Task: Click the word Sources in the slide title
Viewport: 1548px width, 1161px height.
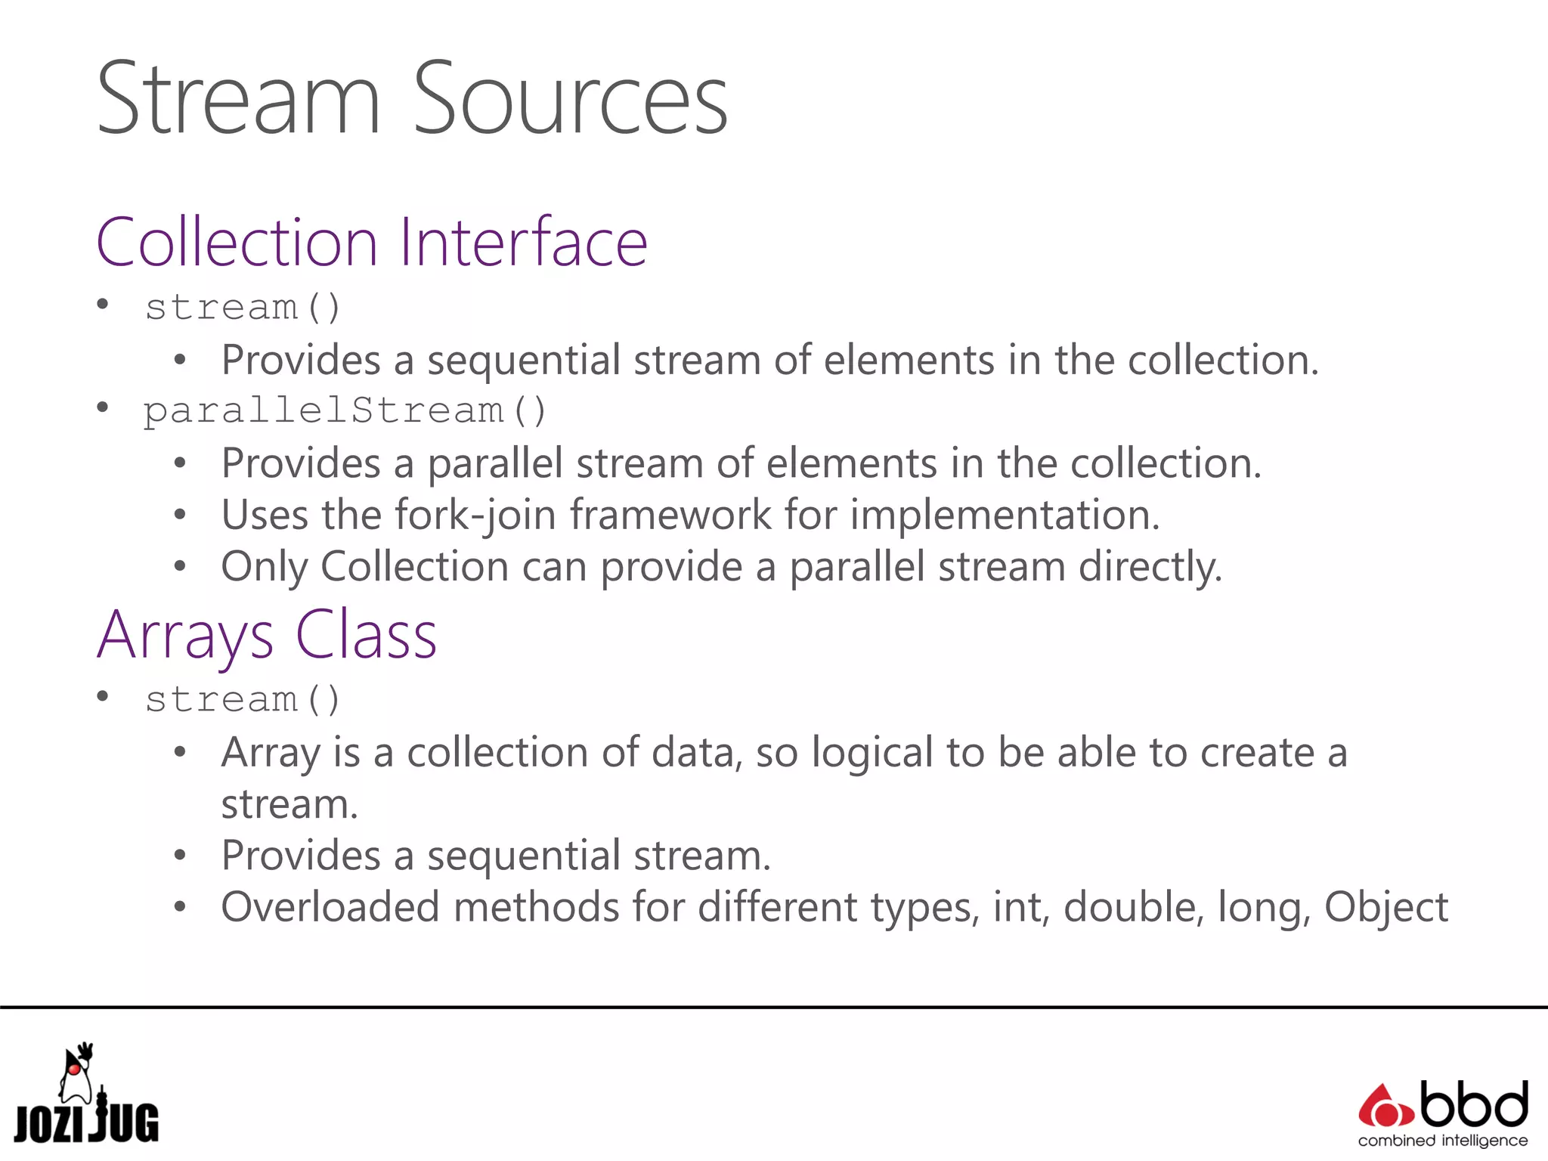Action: [570, 100]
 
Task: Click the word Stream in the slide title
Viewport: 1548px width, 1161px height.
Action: [239, 100]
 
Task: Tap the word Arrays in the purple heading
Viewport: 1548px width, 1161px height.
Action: [185, 636]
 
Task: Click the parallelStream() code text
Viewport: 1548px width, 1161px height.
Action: [345, 411]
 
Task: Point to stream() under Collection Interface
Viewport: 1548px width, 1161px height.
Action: [243, 308]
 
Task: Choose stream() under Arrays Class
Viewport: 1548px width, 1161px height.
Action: [243, 700]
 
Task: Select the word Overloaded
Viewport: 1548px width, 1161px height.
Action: [330, 907]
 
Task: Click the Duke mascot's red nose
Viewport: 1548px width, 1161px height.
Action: [74, 1070]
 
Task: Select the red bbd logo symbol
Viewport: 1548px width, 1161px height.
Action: [1385, 1107]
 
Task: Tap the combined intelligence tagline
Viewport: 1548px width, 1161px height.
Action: [1442, 1141]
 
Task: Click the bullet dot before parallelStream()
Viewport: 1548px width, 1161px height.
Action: [103, 408]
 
